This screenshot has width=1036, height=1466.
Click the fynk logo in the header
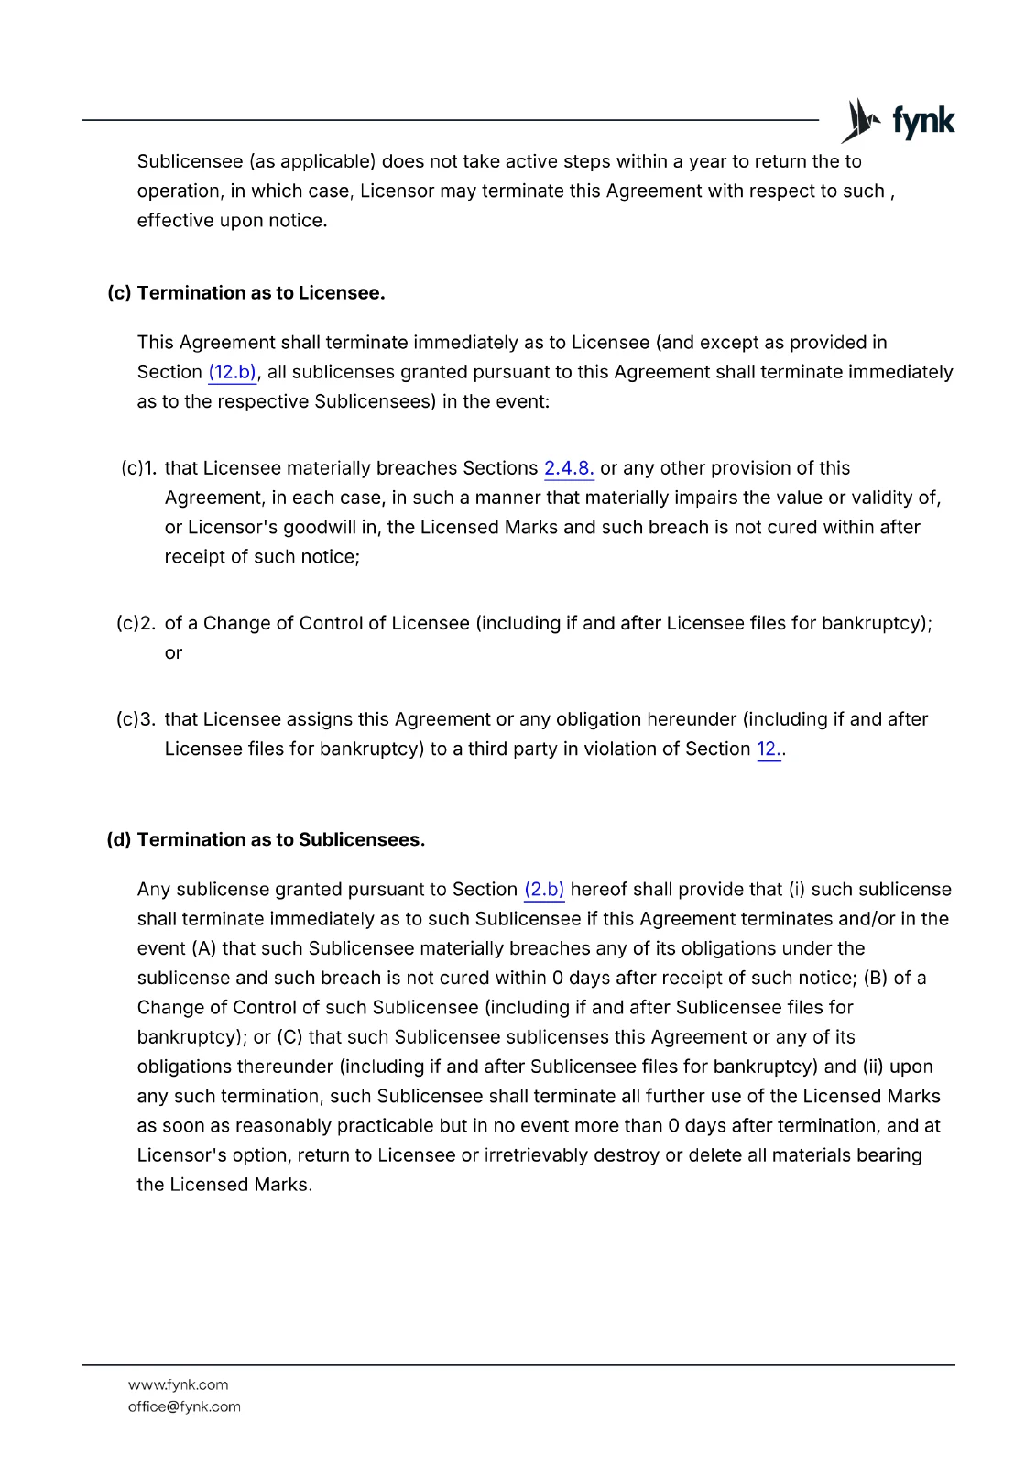(898, 121)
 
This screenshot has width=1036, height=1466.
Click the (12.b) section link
(232, 372)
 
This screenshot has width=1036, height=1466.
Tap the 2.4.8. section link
(569, 468)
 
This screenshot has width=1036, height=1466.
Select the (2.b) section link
(544, 890)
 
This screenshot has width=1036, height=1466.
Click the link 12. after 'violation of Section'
(769, 749)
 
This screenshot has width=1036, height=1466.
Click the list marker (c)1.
(138, 468)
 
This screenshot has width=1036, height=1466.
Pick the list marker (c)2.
(136, 624)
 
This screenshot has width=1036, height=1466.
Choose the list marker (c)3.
(136, 719)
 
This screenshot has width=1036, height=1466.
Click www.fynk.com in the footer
(179, 1385)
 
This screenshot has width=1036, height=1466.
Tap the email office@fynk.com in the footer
(184, 1407)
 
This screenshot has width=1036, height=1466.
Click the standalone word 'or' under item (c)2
(173, 653)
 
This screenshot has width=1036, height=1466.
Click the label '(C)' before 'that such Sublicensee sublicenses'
(289, 1037)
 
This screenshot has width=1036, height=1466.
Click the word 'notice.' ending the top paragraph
(298, 221)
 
